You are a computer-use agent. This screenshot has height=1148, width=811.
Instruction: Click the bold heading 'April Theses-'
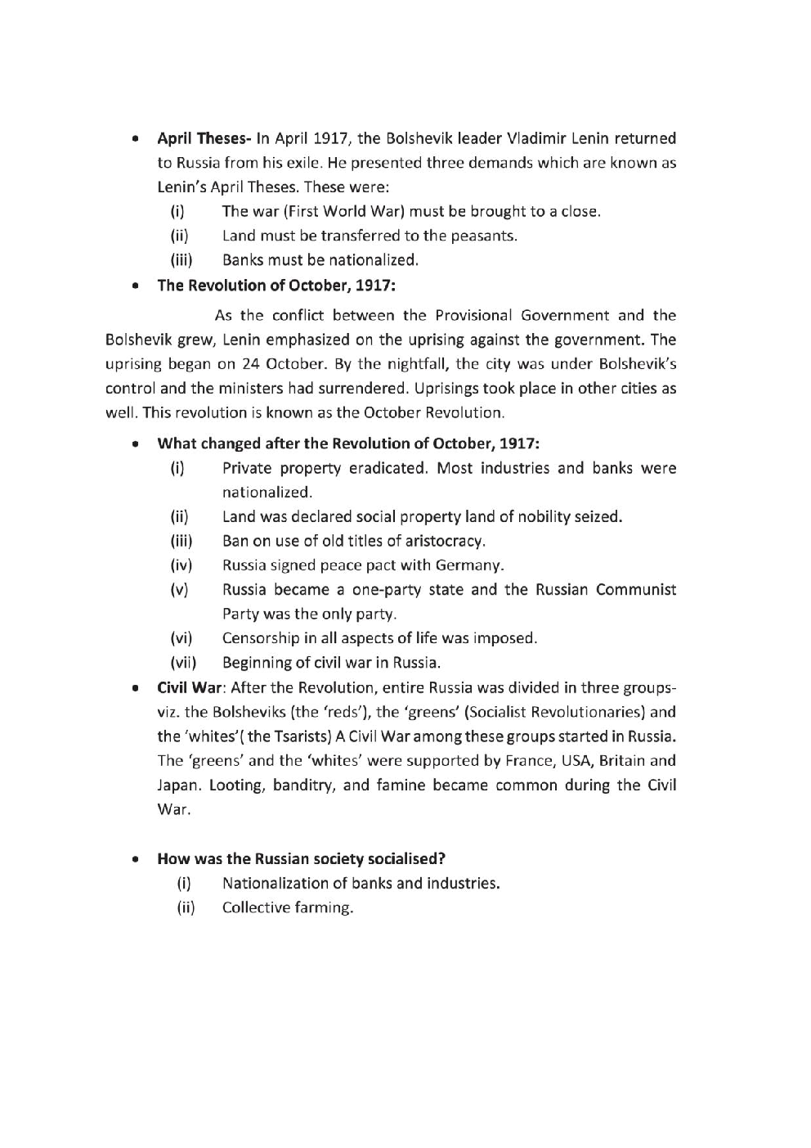click(x=204, y=138)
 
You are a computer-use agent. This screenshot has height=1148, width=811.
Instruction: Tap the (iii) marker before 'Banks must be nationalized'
click(x=181, y=260)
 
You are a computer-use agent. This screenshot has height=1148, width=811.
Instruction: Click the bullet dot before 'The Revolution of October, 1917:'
click(x=133, y=286)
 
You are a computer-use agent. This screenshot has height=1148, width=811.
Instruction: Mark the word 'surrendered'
click(x=330, y=389)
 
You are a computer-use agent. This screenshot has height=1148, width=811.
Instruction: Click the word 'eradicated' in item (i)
click(x=388, y=468)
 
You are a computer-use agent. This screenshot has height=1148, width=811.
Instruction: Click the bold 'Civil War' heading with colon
click(x=191, y=687)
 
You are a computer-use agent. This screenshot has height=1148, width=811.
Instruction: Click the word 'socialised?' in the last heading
click(x=406, y=859)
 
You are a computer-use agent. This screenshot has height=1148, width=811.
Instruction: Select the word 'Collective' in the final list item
click(x=255, y=907)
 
